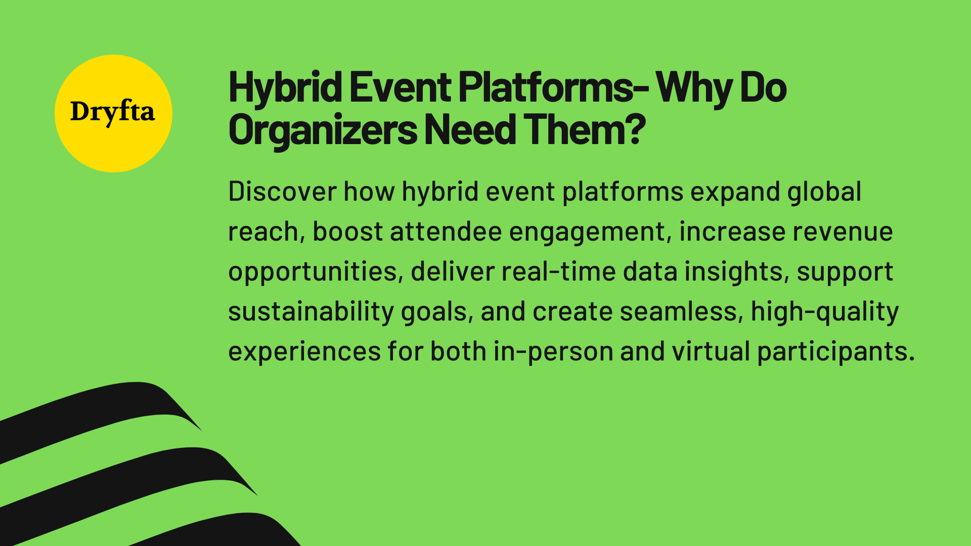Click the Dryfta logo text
pyautogui.click(x=112, y=112)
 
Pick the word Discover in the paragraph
pyautogui.click(x=282, y=192)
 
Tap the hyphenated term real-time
pyautogui.click(x=558, y=272)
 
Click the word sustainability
pyautogui.click(x=311, y=312)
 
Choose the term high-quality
pyautogui.click(x=824, y=312)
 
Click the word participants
pyautogui.click(x=835, y=352)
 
